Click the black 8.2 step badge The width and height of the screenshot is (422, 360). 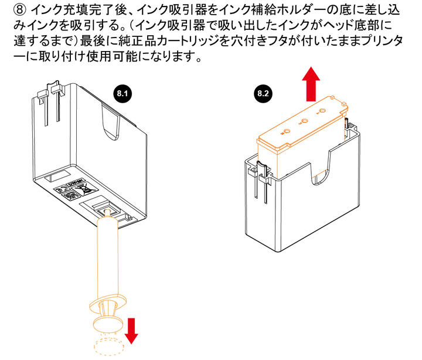tap(263, 93)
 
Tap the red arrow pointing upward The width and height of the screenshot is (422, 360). tap(312, 84)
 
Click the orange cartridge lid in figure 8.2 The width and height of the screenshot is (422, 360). tap(299, 127)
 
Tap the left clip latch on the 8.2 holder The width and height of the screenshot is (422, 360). tap(261, 176)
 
